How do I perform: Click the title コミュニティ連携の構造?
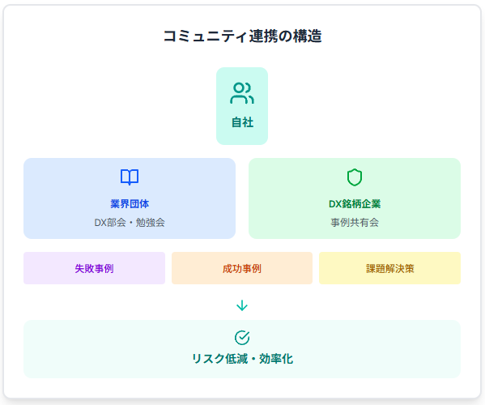[242, 36]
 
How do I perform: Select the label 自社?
[242, 122]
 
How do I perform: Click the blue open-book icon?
[130, 177]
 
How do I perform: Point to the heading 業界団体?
[130, 204]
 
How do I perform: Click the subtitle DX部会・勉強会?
[130, 223]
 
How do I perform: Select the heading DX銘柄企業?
[355, 204]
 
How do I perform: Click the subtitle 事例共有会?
[355, 223]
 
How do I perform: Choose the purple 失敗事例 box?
[95, 268]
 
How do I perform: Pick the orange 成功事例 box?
[242, 268]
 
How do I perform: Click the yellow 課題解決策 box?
[389, 268]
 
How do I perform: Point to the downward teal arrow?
[242, 305]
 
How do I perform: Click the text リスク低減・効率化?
[242, 359]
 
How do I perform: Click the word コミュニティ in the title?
[206, 36]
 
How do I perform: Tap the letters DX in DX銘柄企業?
[334, 204]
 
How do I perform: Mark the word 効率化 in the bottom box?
[276, 359]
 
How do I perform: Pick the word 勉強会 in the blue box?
[151, 223]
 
